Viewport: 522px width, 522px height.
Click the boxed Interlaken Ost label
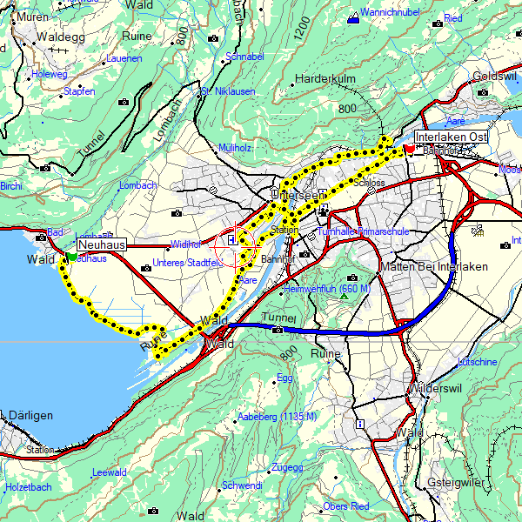[451, 137]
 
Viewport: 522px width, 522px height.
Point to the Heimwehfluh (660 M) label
[328, 288]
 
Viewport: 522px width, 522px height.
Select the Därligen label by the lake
[27, 416]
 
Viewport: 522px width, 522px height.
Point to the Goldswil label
[496, 77]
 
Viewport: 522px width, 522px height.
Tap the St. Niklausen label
[228, 91]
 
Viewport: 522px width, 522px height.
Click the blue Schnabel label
[244, 57]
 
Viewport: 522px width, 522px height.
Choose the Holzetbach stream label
[29, 486]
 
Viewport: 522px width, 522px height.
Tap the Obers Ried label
[346, 505]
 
